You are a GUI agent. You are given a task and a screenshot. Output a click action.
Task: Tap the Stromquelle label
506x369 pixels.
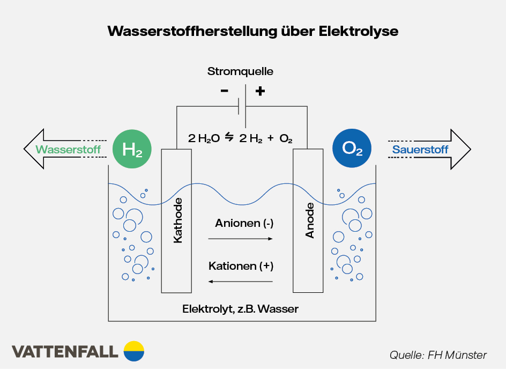(240, 71)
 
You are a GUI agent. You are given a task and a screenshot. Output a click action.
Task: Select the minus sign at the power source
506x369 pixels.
(224, 91)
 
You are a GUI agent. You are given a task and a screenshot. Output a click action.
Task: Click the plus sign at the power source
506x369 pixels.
(260, 91)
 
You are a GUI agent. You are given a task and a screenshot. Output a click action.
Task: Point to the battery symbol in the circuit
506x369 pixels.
(242, 106)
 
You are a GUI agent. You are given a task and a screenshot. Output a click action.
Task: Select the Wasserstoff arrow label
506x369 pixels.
(68, 150)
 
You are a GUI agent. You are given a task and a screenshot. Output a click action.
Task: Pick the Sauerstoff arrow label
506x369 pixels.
(420, 150)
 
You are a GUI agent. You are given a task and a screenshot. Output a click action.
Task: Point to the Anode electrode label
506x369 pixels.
(310, 220)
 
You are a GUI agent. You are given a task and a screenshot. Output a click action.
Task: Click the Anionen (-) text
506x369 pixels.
(244, 223)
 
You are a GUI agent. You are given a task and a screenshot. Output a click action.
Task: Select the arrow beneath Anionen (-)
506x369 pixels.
(241, 239)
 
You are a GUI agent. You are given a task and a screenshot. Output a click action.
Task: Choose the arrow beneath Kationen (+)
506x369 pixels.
(241, 281)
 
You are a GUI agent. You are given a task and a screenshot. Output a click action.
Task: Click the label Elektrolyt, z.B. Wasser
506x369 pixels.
(240, 309)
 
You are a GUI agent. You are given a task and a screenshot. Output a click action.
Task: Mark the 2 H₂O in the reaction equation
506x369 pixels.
(204, 138)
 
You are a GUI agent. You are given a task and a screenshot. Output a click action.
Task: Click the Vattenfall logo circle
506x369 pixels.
(134, 351)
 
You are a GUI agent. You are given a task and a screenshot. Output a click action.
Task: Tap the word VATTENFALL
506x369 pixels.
(65, 352)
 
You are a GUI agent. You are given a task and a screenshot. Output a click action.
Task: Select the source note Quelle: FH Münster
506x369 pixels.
(438, 355)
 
